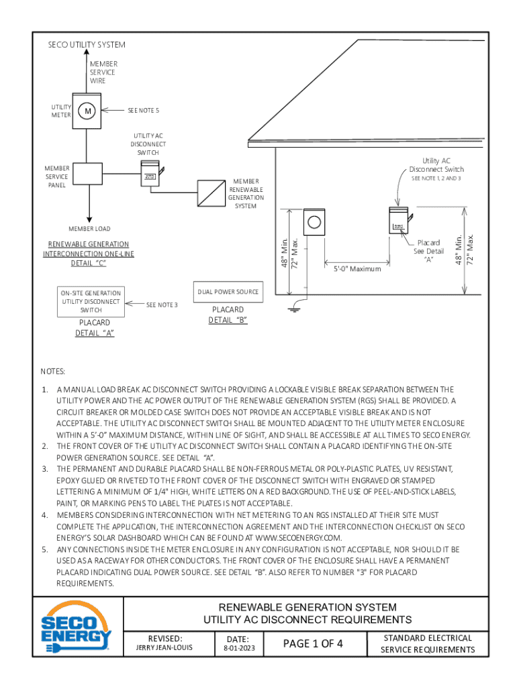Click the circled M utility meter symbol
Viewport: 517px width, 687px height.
point(87,111)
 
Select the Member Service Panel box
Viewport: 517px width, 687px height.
point(88,174)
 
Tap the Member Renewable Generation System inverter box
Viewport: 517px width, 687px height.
point(211,193)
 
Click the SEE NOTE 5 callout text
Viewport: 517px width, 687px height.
point(144,111)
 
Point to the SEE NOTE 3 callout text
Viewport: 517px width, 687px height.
point(162,305)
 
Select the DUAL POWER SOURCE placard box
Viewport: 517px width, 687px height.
point(228,292)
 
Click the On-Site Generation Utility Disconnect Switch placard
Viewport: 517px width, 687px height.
point(91,301)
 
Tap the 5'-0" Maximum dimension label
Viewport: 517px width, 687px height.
point(357,269)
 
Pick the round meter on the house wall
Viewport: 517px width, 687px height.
point(314,222)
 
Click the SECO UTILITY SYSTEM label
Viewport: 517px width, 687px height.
point(87,45)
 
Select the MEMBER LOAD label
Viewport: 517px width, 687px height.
point(89,229)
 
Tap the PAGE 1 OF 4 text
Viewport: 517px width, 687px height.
point(313,643)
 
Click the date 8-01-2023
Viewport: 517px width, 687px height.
point(239,649)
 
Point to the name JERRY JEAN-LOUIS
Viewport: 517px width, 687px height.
point(164,647)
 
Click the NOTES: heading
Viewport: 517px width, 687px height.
point(52,372)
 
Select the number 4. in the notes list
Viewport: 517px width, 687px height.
point(45,515)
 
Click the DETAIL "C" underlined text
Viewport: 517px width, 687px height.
point(89,263)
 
